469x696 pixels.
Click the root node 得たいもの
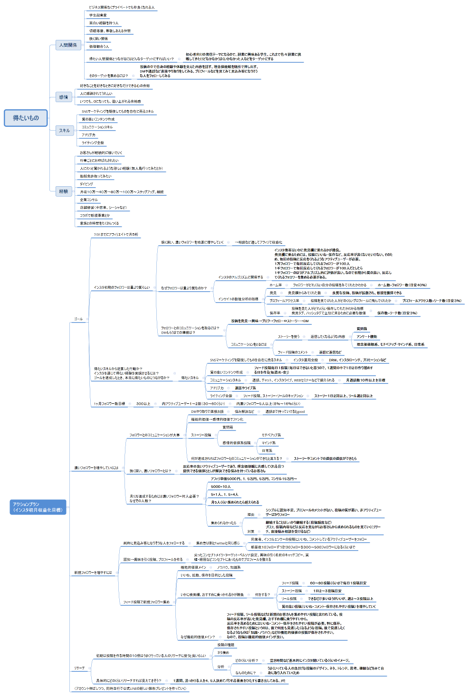tap(26, 118)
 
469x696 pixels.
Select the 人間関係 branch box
tap(68, 45)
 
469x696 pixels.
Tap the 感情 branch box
tap(64, 97)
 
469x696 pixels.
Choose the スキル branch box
tap(64, 130)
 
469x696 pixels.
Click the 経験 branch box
tap(64, 191)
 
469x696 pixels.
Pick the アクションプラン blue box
tap(38, 507)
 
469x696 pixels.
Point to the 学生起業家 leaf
tap(98, 15)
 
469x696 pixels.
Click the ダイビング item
tap(86, 184)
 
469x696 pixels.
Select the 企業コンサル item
tap(89, 200)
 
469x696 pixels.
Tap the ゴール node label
tap(78, 319)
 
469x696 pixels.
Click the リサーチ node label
tap(79, 668)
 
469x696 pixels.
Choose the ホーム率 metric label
tap(276, 285)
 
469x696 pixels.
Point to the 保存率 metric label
tap(275, 313)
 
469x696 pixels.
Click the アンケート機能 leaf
tap(367, 336)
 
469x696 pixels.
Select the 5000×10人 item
tap(221, 486)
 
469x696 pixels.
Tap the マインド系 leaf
tap(268, 443)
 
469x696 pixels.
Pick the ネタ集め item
tap(223, 653)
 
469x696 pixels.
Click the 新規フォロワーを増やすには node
tap(93, 572)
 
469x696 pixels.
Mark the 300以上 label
tap(143, 404)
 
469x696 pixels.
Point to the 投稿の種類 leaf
tap(226, 645)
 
